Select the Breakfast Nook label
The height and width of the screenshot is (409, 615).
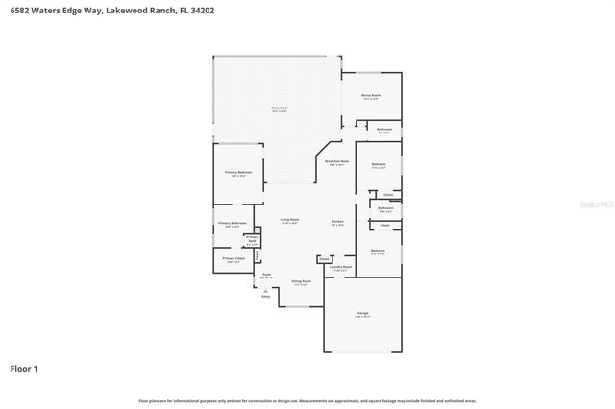click(x=336, y=162)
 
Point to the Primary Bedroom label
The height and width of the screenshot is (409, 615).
click(x=238, y=173)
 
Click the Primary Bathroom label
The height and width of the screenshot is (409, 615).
click(x=232, y=224)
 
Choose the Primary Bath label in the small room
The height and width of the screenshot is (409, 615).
click(x=252, y=240)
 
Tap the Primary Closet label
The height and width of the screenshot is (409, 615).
click(x=234, y=258)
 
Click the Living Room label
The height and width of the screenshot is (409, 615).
click(x=289, y=220)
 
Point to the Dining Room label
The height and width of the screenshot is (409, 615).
click(x=300, y=281)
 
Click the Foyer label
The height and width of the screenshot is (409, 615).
click(x=267, y=275)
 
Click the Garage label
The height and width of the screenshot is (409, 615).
click(x=362, y=314)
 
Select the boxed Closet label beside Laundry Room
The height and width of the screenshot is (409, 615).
click(x=324, y=259)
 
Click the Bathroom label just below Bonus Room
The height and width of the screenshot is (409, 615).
click(x=383, y=130)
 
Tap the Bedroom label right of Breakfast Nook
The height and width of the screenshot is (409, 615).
click(x=378, y=165)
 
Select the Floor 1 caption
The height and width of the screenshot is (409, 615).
click(x=24, y=368)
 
